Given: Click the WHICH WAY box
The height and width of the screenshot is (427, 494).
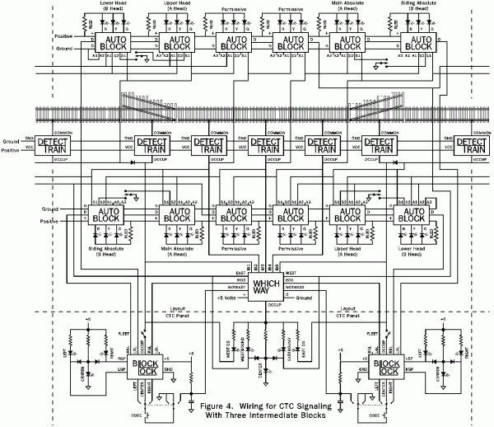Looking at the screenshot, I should click(x=248, y=287).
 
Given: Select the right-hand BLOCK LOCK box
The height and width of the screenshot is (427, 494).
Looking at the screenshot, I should click(x=386, y=369).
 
